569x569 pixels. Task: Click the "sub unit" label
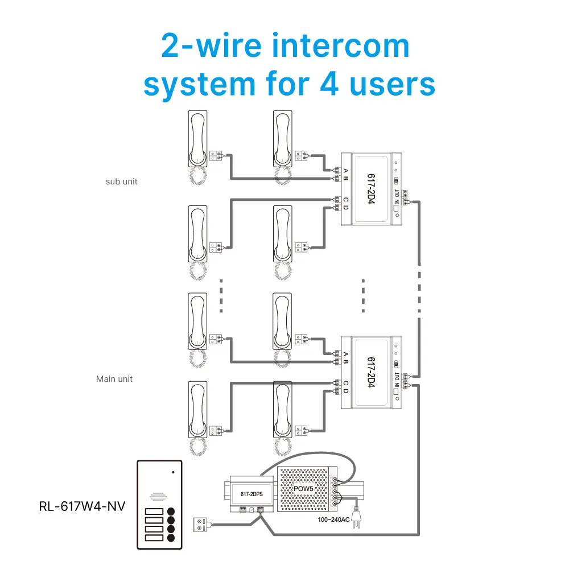[x=122, y=182]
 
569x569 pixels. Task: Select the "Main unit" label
[x=114, y=378]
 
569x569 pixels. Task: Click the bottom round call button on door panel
[x=171, y=537]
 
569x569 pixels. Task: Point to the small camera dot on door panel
[x=173, y=472]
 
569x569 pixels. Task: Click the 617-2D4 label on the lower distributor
[x=371, y=373]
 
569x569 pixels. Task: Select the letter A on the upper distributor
[x=345, y=169]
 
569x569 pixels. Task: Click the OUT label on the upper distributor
[x=397, y=195]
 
